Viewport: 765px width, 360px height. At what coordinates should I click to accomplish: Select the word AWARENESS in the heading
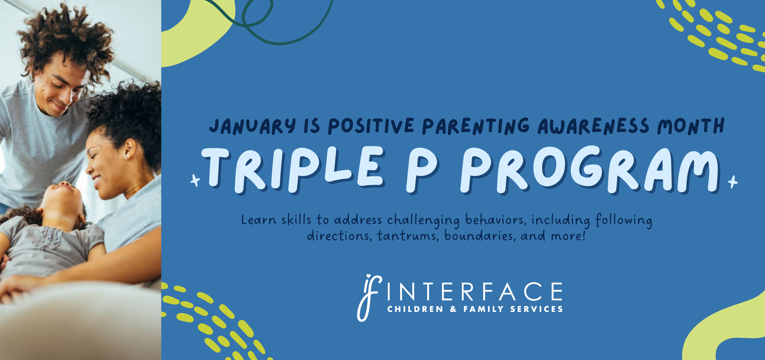tap(593, 126)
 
